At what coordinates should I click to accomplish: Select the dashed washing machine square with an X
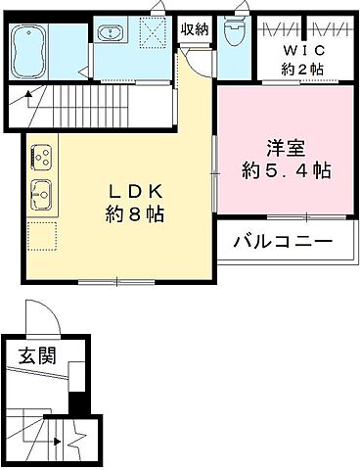coord(152,34)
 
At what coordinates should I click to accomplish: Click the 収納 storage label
coord(195,28)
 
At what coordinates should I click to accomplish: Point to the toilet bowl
coord(234,32)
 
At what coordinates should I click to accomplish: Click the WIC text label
coord(298,50)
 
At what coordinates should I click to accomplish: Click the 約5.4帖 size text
coord(287,170)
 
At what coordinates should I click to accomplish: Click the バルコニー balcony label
coord(283,241)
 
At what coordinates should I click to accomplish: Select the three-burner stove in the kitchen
coord(42,155)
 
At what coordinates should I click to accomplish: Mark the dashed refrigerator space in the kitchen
coord(42,235)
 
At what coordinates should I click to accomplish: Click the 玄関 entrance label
coord(34,356)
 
